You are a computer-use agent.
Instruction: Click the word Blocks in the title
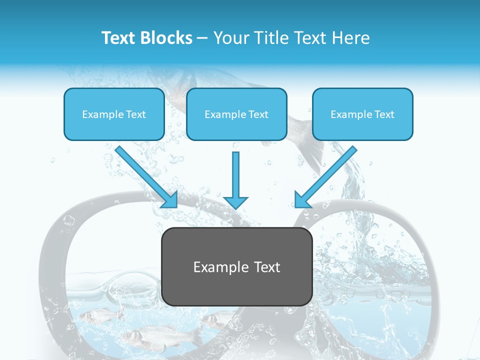[x=167, y=38]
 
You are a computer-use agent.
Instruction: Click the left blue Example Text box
[x=114, y=114]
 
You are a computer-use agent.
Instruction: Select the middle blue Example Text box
[x=236, y=114]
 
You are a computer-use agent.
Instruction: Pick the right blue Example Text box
[x=362, y=114]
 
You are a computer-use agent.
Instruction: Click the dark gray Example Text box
[x=236, y=266]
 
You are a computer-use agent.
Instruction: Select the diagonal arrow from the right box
[x=325, y=176]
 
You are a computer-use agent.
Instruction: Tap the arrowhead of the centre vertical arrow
[x=236, y=201]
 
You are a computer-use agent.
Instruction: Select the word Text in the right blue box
[x=383, y=114]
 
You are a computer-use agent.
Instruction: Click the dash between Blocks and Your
[x=203, y=38]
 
